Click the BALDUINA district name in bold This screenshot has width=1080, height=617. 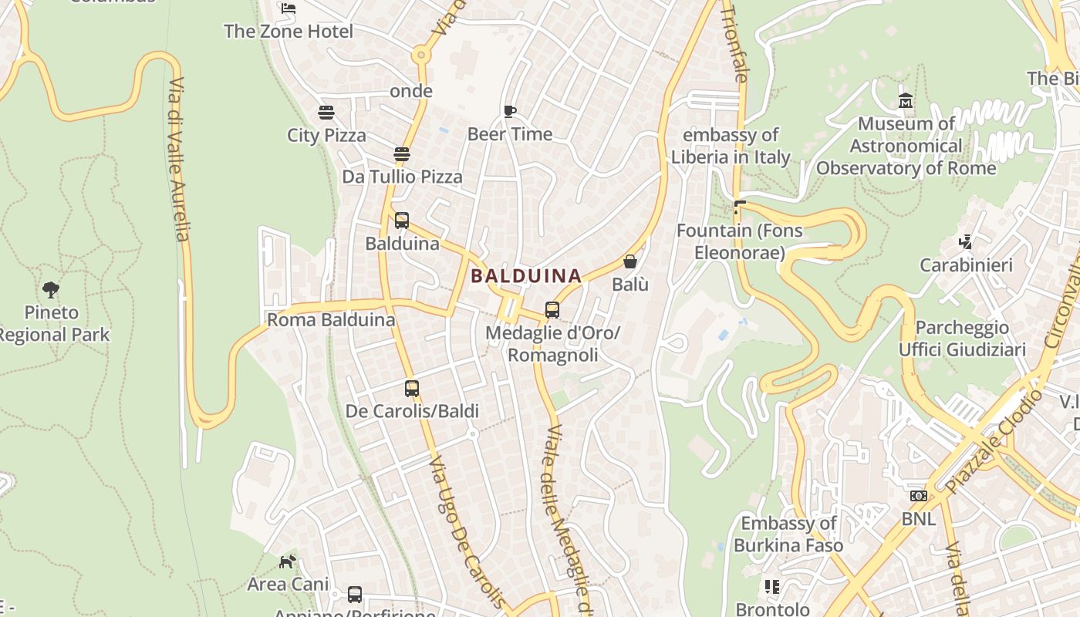(526, 275)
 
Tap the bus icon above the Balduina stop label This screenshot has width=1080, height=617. (401, 221)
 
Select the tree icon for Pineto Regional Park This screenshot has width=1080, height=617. (51, 290)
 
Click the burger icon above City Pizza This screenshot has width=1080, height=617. (326, 113)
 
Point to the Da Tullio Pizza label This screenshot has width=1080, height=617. (402, 177)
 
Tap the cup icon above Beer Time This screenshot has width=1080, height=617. (509, 111)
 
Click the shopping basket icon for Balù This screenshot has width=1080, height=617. (629, 261)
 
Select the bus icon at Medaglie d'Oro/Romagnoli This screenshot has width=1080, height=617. (552, 310)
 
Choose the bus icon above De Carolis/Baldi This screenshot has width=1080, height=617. (412, 388)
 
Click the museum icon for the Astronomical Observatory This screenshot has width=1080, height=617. (906, 101)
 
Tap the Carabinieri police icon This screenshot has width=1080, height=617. (965, 242)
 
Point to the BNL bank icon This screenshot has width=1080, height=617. (918, 496)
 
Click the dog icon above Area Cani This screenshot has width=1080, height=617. (287, 561)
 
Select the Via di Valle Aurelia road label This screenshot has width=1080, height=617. (179, 159)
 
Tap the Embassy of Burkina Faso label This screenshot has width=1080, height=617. (788, 534)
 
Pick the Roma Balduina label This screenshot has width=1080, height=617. (331, 319)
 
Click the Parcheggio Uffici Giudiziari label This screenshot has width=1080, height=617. (962, 339)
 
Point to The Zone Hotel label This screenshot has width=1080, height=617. (289, 32)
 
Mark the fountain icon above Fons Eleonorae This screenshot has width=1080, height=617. (740, 207)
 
